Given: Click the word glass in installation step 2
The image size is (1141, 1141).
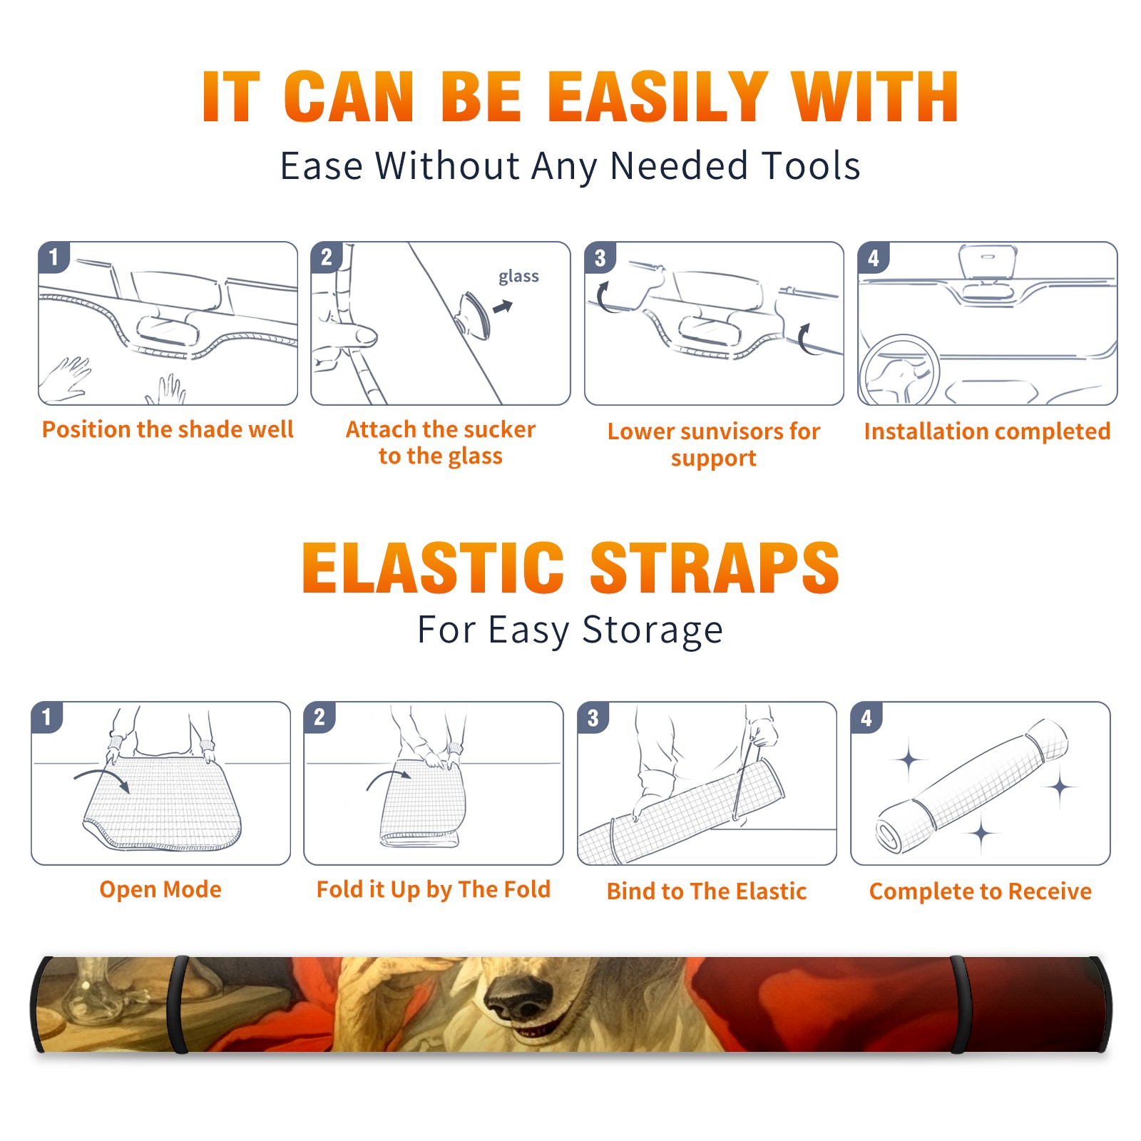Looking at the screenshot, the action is pyautogui.click(x=518, y=277).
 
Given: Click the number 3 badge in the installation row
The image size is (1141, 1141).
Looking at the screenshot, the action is pyautogui.click(x=600, y=257).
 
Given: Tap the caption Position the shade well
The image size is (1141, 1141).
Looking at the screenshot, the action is pyautogui.click(x=168, y=429).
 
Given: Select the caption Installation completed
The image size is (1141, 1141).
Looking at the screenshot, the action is pyautogui.click(x=987, y=431).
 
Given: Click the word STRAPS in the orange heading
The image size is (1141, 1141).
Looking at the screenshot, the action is pyautogui.click(x=715, y=568).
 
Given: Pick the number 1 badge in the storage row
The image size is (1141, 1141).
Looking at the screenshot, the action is pyautogui.click(x=47, y=717).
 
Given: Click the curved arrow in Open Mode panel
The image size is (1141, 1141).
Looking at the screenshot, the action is pyautogui.click(x=102, y=778).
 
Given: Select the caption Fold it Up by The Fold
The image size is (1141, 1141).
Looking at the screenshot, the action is pyautogui.click(x=434, y=889).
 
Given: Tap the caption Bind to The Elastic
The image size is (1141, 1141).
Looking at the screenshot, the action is pyautogui.click(x=707, y=891).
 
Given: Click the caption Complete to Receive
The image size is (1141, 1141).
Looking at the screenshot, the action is pyautogui.click(x=981, y=891).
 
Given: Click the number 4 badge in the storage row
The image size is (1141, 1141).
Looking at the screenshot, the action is pyautogui.click(x=866, y=717).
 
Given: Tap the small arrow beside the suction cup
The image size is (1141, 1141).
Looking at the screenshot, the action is pyautogui.click(x=503, y=307).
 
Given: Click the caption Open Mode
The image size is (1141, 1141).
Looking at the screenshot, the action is pyautogui.click(x=160, y=889).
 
